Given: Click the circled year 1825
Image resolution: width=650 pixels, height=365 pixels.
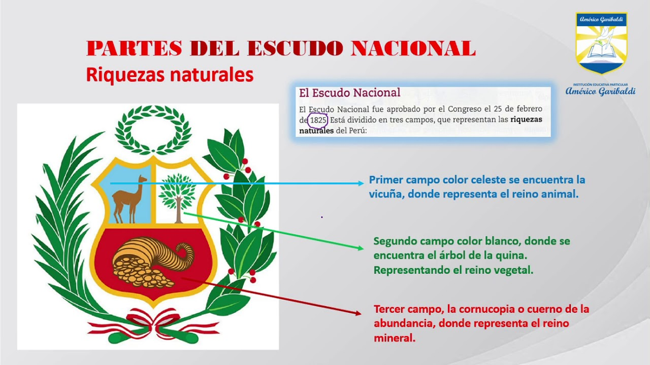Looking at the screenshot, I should (318, 121).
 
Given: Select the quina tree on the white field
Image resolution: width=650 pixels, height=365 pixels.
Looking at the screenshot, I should (177, 196).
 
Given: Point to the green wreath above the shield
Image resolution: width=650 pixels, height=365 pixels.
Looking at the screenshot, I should (153, 129).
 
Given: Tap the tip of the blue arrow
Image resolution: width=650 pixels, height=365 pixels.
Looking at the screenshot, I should (363, 183).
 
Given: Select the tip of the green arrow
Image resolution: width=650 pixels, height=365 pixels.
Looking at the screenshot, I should (362, 248).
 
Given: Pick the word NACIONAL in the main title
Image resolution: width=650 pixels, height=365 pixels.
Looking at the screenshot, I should (413, 49).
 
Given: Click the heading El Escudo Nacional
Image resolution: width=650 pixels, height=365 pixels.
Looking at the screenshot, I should (349, 93).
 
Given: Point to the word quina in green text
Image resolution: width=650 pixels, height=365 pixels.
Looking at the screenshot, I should (513, 255).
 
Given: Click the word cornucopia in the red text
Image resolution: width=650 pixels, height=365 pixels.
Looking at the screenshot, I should (493, 309).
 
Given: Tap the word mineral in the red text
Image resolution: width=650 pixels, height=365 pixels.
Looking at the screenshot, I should (394, 338).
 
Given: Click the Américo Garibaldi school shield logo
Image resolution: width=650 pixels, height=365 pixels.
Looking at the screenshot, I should (601, 44).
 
